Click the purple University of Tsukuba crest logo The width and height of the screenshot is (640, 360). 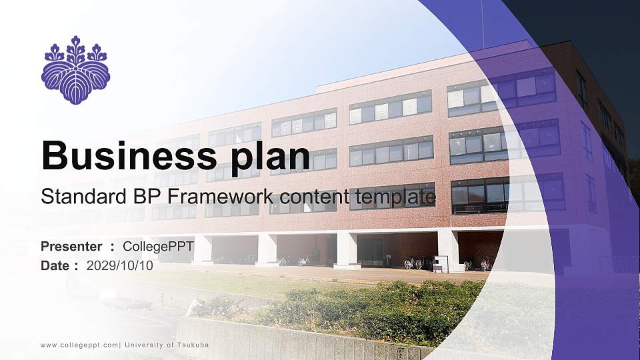[75, 70]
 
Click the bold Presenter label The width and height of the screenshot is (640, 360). [71, 247]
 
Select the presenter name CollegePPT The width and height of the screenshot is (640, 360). [159, 247]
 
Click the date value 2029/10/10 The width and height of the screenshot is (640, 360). [120, 265]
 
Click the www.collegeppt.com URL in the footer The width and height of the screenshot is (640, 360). [79, 345]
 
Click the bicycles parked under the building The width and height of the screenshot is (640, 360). [417, 263]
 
